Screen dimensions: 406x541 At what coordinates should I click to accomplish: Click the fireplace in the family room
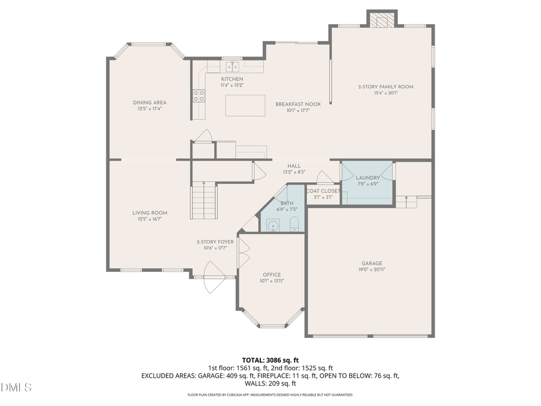(383, 21)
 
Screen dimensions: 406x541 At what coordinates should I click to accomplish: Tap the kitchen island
(245, 106)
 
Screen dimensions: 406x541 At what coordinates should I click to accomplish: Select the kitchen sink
(231, 66)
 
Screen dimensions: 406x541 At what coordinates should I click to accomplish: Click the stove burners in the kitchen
(198, 95)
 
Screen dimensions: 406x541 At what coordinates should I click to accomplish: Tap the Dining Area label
(150, 103)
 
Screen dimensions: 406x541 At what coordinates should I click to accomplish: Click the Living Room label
(150, 213)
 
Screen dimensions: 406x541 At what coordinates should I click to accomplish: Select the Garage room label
(371, 263)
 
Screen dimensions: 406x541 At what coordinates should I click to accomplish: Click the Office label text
(271, 275)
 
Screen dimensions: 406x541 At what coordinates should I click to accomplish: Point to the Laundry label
(367, 178)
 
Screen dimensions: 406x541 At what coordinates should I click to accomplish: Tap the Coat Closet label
(323, 191)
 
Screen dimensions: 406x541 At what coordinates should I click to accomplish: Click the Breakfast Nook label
(298, 104)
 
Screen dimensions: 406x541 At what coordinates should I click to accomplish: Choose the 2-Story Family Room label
(385, 87)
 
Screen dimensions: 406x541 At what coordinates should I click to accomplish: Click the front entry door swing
(213, 278)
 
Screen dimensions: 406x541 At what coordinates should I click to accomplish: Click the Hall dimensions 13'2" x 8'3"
(294, 172)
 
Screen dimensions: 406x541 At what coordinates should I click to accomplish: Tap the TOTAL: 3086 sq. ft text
(270, 360)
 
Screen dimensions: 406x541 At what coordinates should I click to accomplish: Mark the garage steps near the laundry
(407, 202)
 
